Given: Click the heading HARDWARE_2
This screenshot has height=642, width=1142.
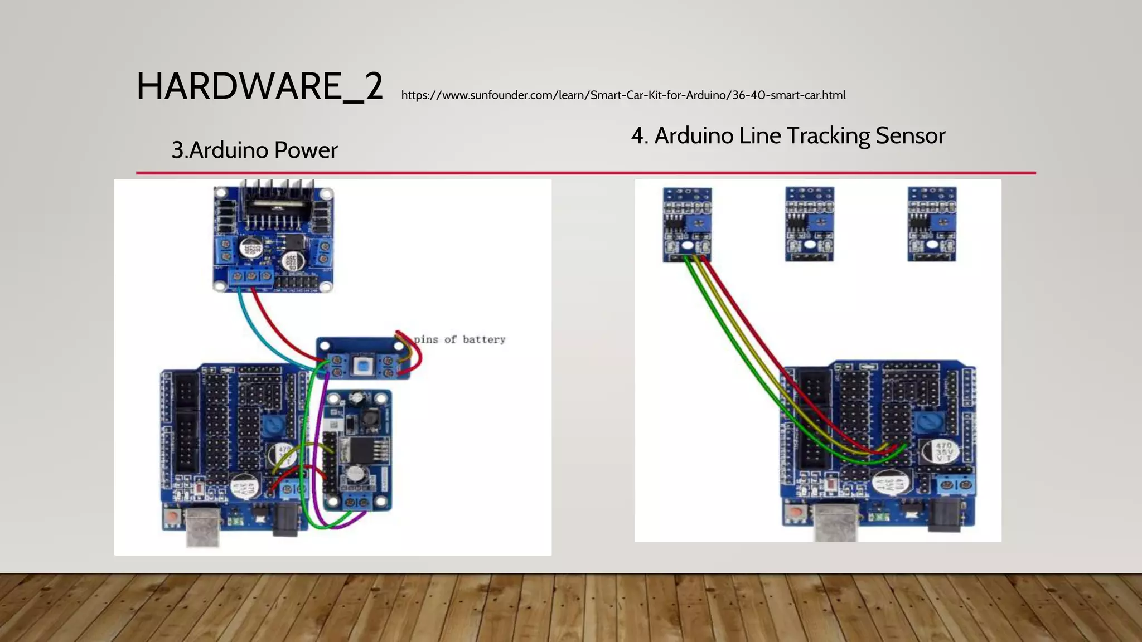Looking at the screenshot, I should coord(259,87).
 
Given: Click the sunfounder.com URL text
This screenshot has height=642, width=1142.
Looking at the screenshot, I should coord(623,95).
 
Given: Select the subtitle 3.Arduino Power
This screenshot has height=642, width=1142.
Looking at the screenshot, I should coord(254,150).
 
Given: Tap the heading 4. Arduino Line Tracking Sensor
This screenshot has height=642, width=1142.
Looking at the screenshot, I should coord(788,136).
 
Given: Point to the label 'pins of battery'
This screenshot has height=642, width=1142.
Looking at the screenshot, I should coord(459,339).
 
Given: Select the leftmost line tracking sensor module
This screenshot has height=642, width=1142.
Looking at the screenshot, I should coord(687,225).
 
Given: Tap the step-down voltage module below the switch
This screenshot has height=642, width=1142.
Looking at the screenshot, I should coord(359,450).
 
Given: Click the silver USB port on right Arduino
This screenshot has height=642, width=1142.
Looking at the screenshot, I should coord(835,522).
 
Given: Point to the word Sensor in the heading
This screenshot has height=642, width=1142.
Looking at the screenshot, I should coord(910,136).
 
